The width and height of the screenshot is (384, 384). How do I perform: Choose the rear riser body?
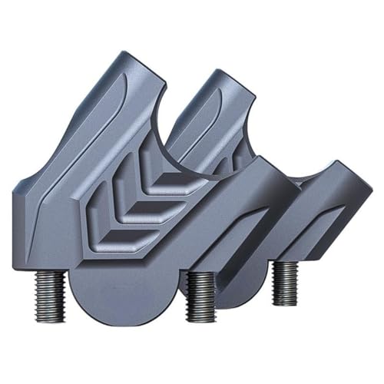(x=307, y=223)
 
